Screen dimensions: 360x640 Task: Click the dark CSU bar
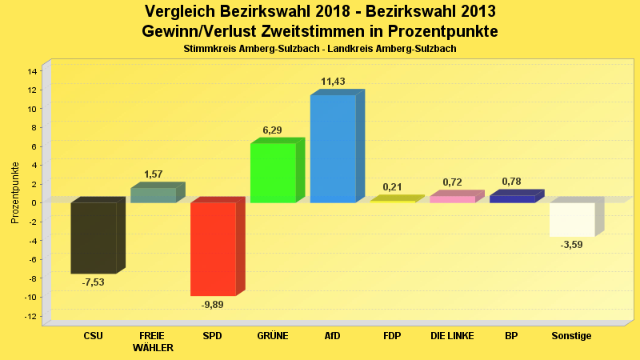tap(94, 238)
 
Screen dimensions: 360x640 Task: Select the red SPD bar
tap(213, 249)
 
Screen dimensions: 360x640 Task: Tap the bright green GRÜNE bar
tap(273, 173)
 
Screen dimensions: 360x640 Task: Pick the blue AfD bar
tap(333, 149)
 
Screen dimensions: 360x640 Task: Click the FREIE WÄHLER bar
tap(153, 195)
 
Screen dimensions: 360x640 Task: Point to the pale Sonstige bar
tap(572, 219)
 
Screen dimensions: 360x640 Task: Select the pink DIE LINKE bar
tap(452, 198)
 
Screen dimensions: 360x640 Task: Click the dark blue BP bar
tap(512, 198)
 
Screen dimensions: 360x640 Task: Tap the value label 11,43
tap(333, 82)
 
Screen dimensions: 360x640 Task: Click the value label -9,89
tap(213, 306)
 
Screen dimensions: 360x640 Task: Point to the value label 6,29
tap(272, 130)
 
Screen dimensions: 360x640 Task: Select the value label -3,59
tap(571, 245)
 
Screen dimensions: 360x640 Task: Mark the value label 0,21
tap(392, 187)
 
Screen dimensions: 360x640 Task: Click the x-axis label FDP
tap(392, 336)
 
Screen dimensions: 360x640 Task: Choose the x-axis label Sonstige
tap(571, 336)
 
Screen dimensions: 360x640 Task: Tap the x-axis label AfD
tap(332, 336)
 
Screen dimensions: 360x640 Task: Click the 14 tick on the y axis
tap(33, 71)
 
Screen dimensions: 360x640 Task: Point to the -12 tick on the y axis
tap(31, 316)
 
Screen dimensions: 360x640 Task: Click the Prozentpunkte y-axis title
tap(15, 193)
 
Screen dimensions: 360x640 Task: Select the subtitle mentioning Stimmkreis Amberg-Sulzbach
tap(319, 50)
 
